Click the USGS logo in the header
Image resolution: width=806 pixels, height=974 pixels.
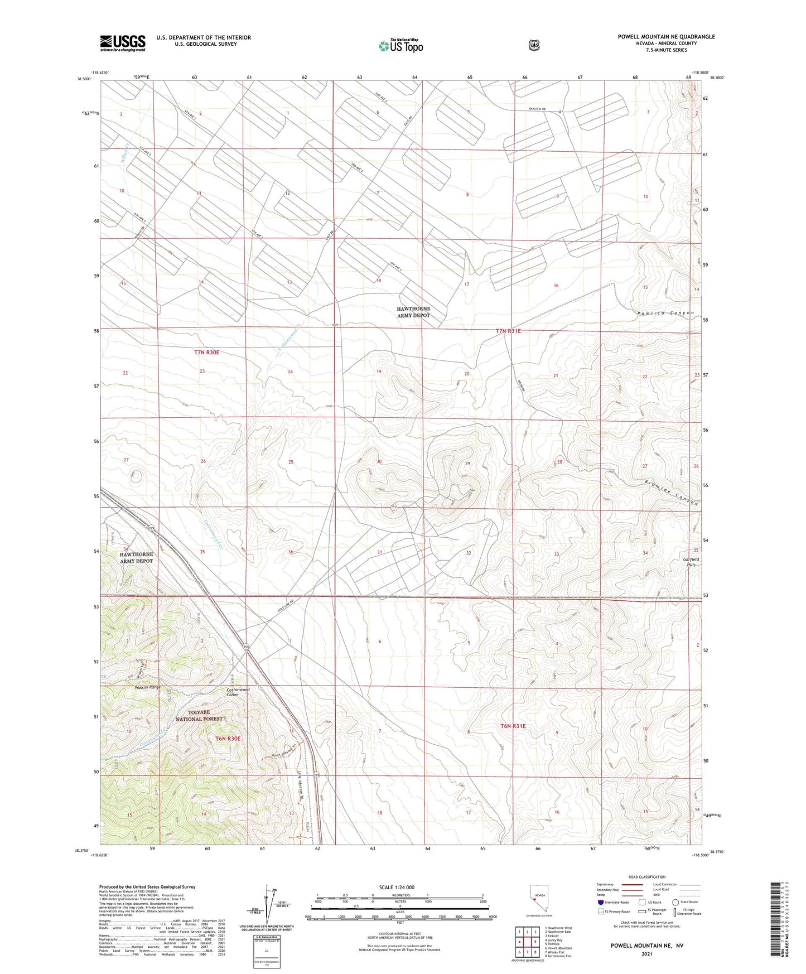(x=123, y=43)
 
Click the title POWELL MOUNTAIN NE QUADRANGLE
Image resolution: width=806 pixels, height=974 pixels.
(x=666, y=37)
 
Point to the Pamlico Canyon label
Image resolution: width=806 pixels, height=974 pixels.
(x=665, y=314)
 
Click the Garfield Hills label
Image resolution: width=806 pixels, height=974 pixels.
(x=691, y=562)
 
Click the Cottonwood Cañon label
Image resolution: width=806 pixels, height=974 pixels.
(x=238, y=692)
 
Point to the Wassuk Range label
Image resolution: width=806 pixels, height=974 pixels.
(x=147, y=687)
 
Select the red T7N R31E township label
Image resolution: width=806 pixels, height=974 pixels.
(x=508, y=331)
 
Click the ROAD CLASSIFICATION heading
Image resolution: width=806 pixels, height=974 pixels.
(x=646, y=877)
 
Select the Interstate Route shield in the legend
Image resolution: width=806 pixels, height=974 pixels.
(x=600, y=902)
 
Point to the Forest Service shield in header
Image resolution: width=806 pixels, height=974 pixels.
(x=534, y=45)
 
